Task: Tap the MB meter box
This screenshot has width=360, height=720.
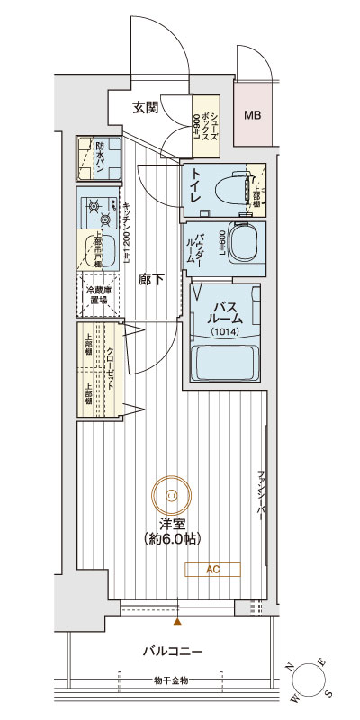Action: coord(253,115)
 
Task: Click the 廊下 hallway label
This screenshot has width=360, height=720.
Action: coord(151,280)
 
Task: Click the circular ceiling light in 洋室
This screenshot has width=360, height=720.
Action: coord(171,493)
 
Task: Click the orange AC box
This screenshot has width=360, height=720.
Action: coord(212,569)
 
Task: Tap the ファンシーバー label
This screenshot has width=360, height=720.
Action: coord(261,495)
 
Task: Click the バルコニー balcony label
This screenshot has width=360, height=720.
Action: coord(171,651)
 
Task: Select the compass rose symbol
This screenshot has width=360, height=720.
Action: coord(313,679)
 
